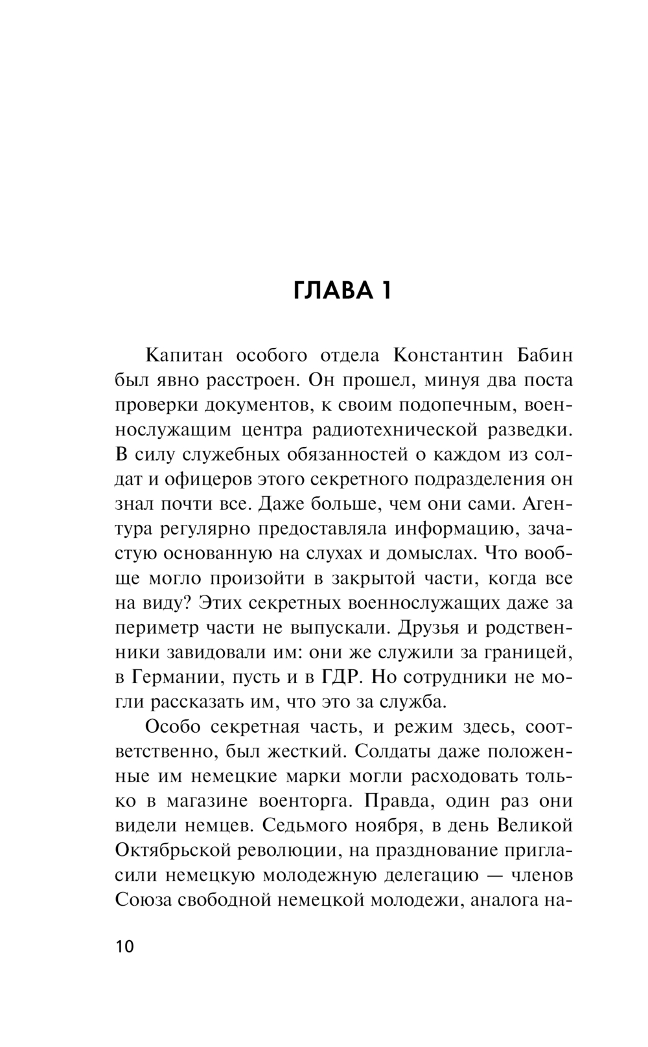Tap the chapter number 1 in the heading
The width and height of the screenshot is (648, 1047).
tap(384, 291)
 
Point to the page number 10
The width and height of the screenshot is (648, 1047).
tap(124, 947)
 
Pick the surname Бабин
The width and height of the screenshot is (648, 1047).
tap(545, 355)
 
